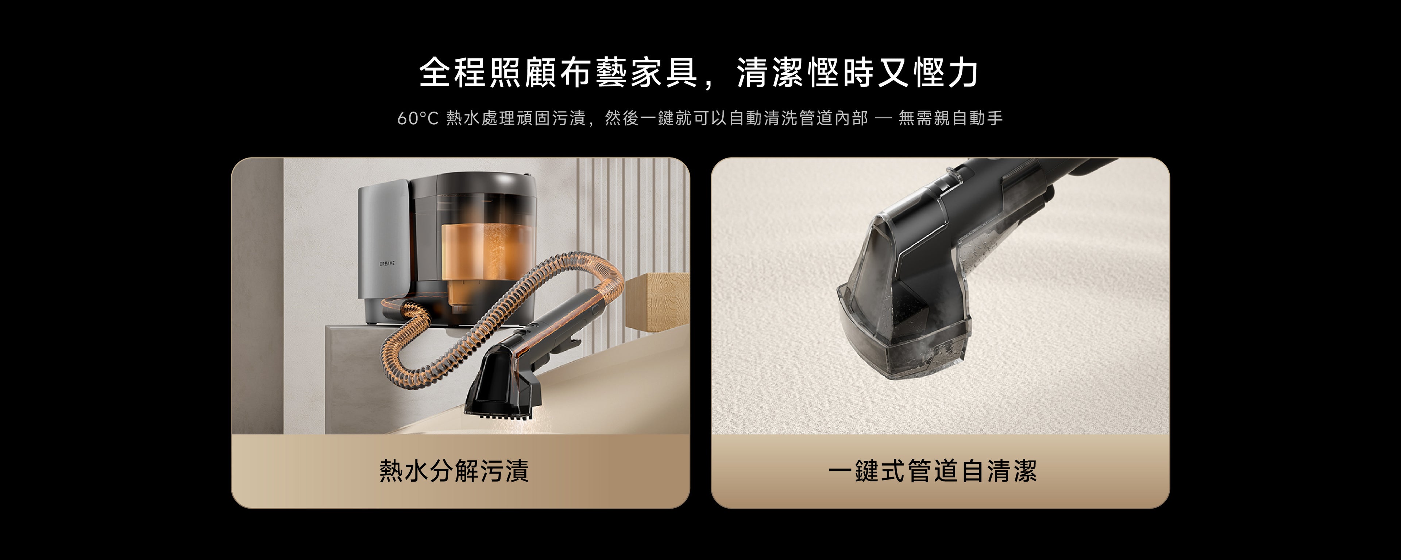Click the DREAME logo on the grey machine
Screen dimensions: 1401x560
387,263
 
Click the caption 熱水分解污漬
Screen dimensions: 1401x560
454,471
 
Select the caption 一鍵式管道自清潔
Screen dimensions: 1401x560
933,471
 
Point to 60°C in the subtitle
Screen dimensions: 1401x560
418,118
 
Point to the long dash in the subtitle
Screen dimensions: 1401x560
883,118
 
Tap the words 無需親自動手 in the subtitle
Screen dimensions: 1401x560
951,118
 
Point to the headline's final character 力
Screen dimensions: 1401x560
962,72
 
